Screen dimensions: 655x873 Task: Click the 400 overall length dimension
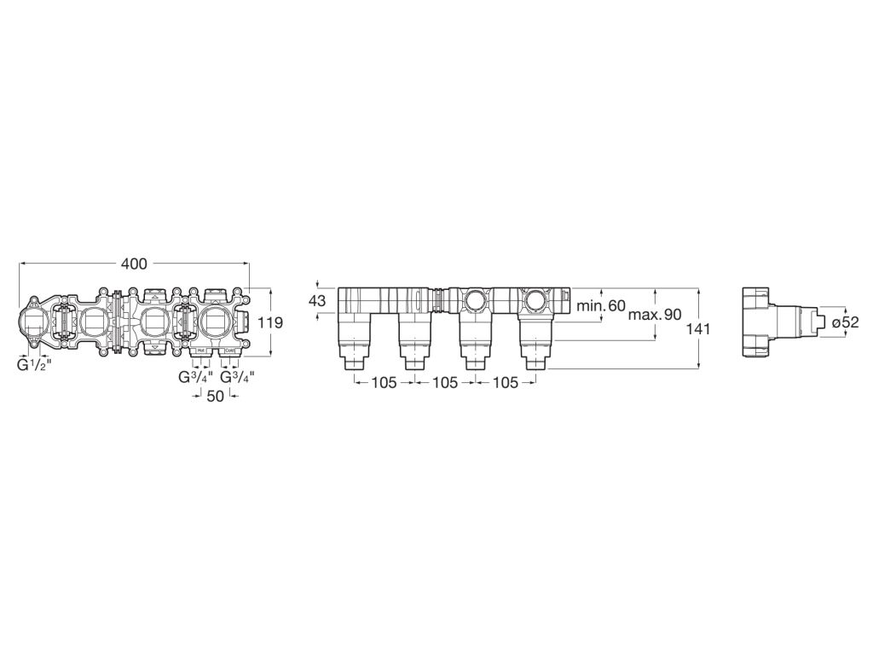click(x=134, y=264)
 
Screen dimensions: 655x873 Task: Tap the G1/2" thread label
click(x=35, y=366)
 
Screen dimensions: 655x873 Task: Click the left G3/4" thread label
click(x=195, y=377)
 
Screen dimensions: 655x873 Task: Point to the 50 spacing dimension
click(x=215, y=397)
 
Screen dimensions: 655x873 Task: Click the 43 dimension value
click(x=317, y=301)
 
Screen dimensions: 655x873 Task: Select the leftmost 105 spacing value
click(x=384, y=383)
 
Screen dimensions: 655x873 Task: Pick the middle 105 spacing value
click(x=445, y=383)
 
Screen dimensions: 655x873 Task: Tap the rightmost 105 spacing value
click(x=506, y=383)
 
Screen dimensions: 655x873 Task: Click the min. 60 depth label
click(x=601, y=305)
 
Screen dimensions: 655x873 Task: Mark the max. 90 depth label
click(x=655, y=315)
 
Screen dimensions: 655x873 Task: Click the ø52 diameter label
click(x=844, y=322)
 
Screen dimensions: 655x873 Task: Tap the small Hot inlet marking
click(x=199, y=351)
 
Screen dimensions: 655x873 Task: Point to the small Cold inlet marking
click(x=229, y=351)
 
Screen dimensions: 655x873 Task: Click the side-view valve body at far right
click(x=759, y=322)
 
